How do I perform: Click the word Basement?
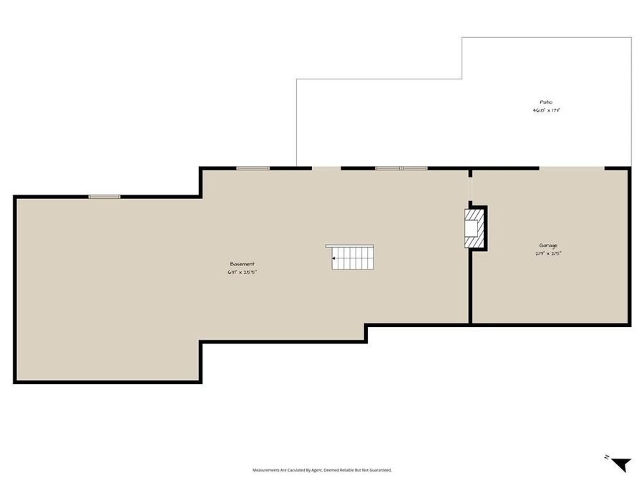(242, 264)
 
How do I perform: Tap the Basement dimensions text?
(242, 272)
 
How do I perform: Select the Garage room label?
(548, 245)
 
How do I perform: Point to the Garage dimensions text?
(548, 253)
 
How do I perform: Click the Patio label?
(545, 102)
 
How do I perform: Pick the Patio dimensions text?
(545, 110)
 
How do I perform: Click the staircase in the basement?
(352, 258)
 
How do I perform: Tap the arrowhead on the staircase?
(334, 258)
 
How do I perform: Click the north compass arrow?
(621, 464)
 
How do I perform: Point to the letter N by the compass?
(606, 457)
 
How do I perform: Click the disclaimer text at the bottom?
(322, 470)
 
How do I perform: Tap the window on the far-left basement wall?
(104, 196)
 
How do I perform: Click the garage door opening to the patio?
(572, 168)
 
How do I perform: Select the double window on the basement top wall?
(401, 168)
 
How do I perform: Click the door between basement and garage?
(470, 190)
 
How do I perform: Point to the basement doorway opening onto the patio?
(326, 168)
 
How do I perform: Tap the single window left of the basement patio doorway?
(253, 168)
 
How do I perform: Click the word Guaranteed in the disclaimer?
(379, 470)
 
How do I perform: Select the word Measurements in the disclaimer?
(266, 470)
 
